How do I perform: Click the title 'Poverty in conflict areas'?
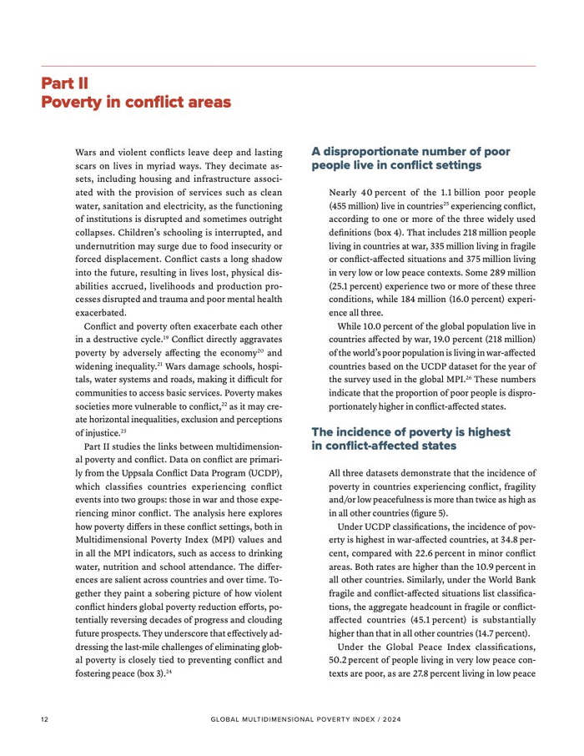coord(136,102)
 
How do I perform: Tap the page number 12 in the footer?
coord(45,718)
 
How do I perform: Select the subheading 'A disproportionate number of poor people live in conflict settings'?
coord(410,159)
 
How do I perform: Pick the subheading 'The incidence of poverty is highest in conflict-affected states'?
coord(410,439)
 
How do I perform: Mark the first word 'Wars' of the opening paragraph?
coord(86,154)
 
